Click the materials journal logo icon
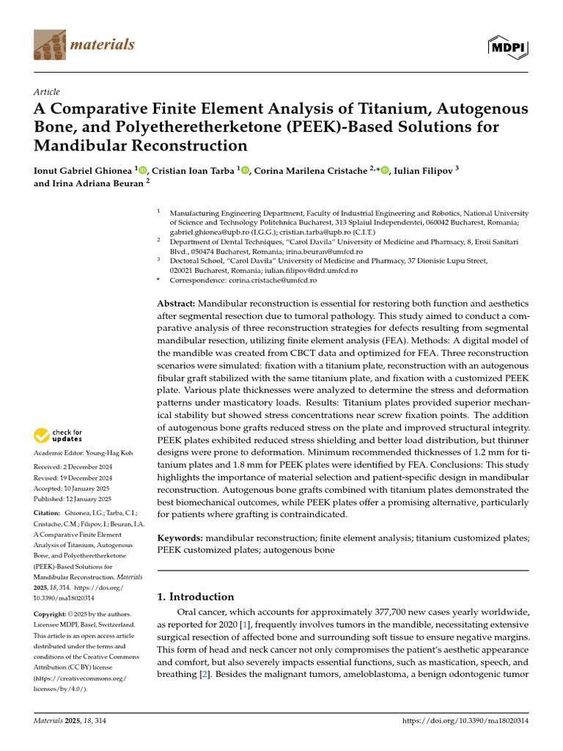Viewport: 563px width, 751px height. pyautogui.click(x=49, y=45)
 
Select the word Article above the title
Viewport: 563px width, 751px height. pyautogui.click(x=47, y=92)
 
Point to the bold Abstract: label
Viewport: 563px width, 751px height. pyautogui.click(x=177, y=304)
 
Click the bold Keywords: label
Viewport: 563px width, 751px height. pyautogui.click(x=180, y=538)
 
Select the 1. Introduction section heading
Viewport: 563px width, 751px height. pyautogui.click(x=196, y=596)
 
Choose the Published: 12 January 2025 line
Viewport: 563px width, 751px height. pyautogui.click(x=73, y=499)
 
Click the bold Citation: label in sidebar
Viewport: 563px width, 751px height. pyautogui.click(x=48, y=514)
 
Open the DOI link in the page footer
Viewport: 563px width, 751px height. pyautogui.click(x=466, y=722)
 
